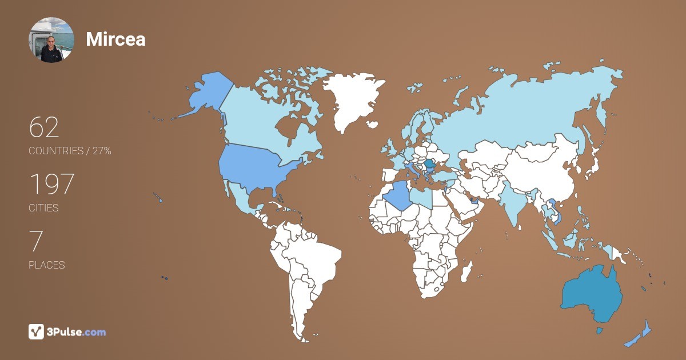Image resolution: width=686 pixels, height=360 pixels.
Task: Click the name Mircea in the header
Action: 115,39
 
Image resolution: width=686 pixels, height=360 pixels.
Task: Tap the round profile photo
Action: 51,40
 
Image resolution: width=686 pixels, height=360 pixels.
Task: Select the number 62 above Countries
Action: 44,127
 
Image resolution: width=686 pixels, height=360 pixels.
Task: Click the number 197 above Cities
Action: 51,185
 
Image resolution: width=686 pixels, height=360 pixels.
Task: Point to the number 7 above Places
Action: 35,242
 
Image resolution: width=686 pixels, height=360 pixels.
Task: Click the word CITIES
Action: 43,208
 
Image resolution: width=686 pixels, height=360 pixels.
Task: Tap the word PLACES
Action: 46,265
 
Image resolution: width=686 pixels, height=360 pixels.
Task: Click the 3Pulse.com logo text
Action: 77,332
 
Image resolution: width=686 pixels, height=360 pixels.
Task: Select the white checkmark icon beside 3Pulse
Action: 36,332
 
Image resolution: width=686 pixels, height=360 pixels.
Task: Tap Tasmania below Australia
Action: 599,330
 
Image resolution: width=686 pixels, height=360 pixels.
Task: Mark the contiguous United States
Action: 257,166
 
